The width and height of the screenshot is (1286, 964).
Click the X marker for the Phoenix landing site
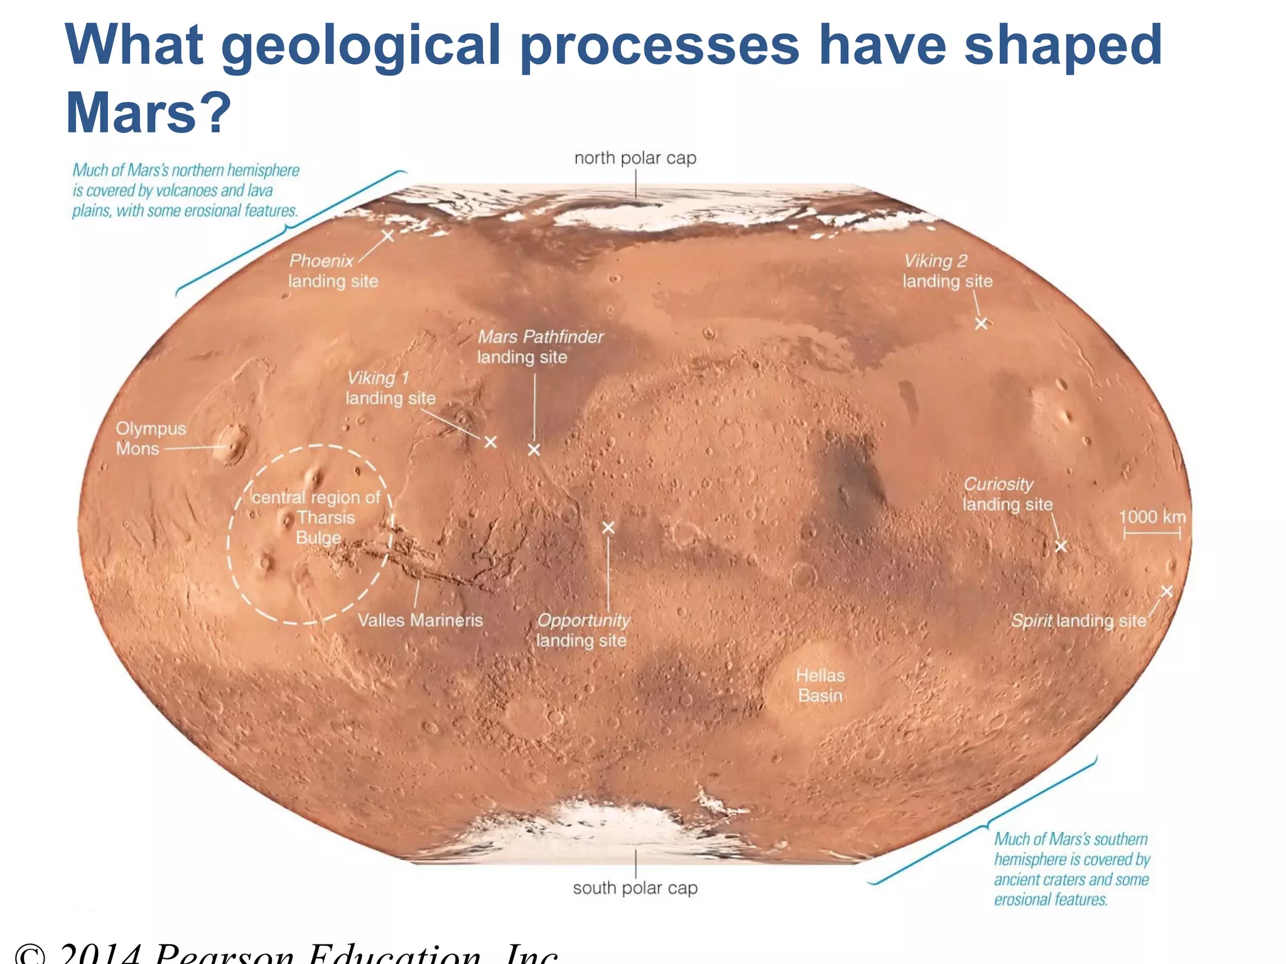[388, 236]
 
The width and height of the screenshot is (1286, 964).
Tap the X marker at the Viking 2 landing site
[981, 323]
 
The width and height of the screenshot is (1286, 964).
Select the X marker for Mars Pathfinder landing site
[534, 449]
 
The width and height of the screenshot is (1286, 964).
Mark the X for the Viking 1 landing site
[490, 442]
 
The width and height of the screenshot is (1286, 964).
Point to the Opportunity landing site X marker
[608, 528]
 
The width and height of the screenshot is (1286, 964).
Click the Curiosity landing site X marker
[1061, 546]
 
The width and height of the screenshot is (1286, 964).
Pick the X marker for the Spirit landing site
[1167, 591]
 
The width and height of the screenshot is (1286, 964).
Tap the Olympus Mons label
[151, 438]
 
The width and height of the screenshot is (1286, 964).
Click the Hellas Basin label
[820, 685]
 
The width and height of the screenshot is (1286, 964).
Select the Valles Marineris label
[420, 620]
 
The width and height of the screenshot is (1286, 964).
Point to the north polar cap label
[635, 158]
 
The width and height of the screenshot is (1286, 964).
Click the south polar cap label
[635, 888]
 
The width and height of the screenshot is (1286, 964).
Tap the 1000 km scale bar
[1152, 533]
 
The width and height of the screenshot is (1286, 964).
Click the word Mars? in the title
[149, 113]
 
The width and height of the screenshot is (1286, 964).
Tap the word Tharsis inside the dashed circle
[326, 518]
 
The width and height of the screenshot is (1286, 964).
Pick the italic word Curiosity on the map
[998, 485]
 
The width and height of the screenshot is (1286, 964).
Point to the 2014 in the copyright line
[100, 954]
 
